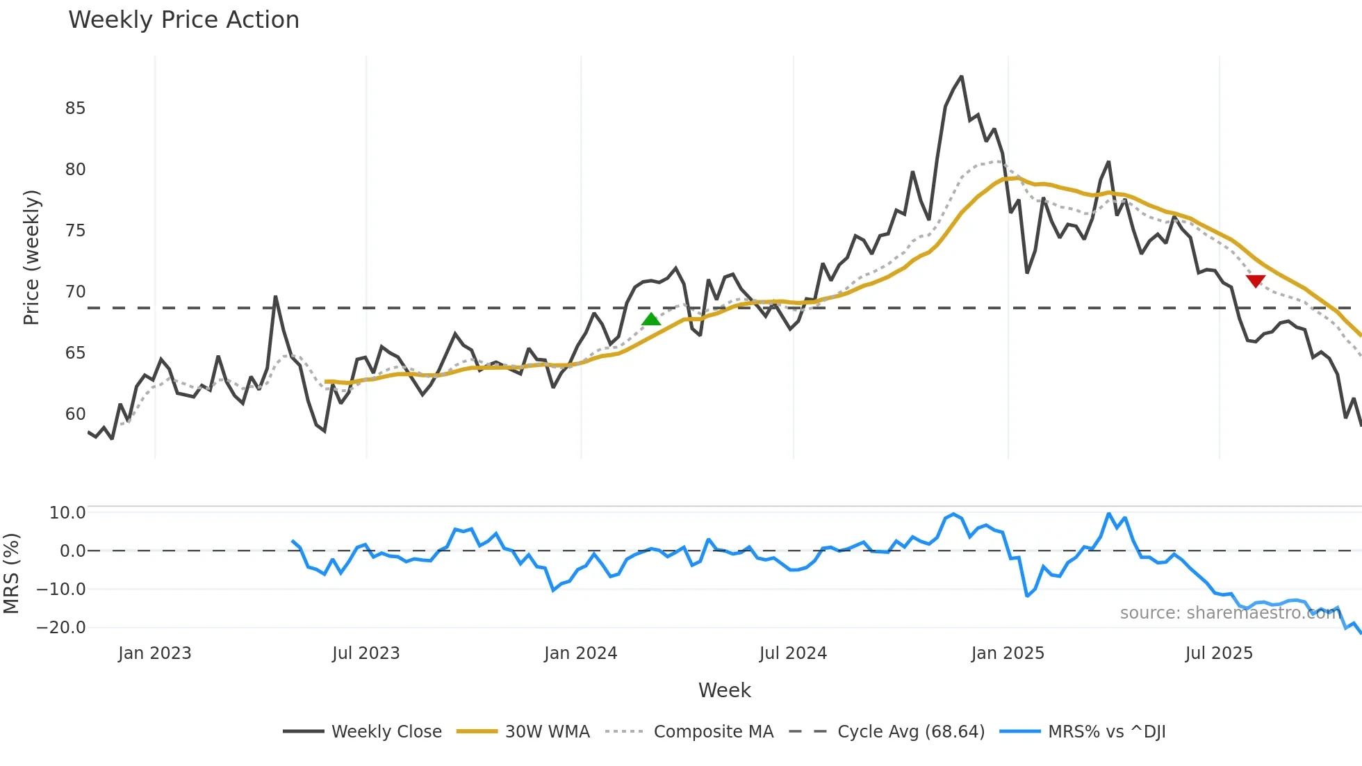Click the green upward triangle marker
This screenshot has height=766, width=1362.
651,319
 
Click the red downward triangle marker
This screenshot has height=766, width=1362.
1256,281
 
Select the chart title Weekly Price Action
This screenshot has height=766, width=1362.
183,20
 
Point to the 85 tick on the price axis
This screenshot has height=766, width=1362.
75,108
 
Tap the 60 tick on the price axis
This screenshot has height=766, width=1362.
75,414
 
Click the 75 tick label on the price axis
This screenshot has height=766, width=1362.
75,231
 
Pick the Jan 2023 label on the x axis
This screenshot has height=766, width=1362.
154,653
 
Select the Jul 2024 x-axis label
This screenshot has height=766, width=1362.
793,653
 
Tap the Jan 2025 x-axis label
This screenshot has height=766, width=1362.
1008,653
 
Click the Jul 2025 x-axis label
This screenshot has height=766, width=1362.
1219,653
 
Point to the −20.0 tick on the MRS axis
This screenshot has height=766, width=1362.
60,628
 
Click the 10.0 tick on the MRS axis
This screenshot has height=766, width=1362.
67,513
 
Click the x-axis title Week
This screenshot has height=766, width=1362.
724,690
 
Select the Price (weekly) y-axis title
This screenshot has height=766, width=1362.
31,257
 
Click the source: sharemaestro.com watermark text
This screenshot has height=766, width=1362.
1230,613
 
